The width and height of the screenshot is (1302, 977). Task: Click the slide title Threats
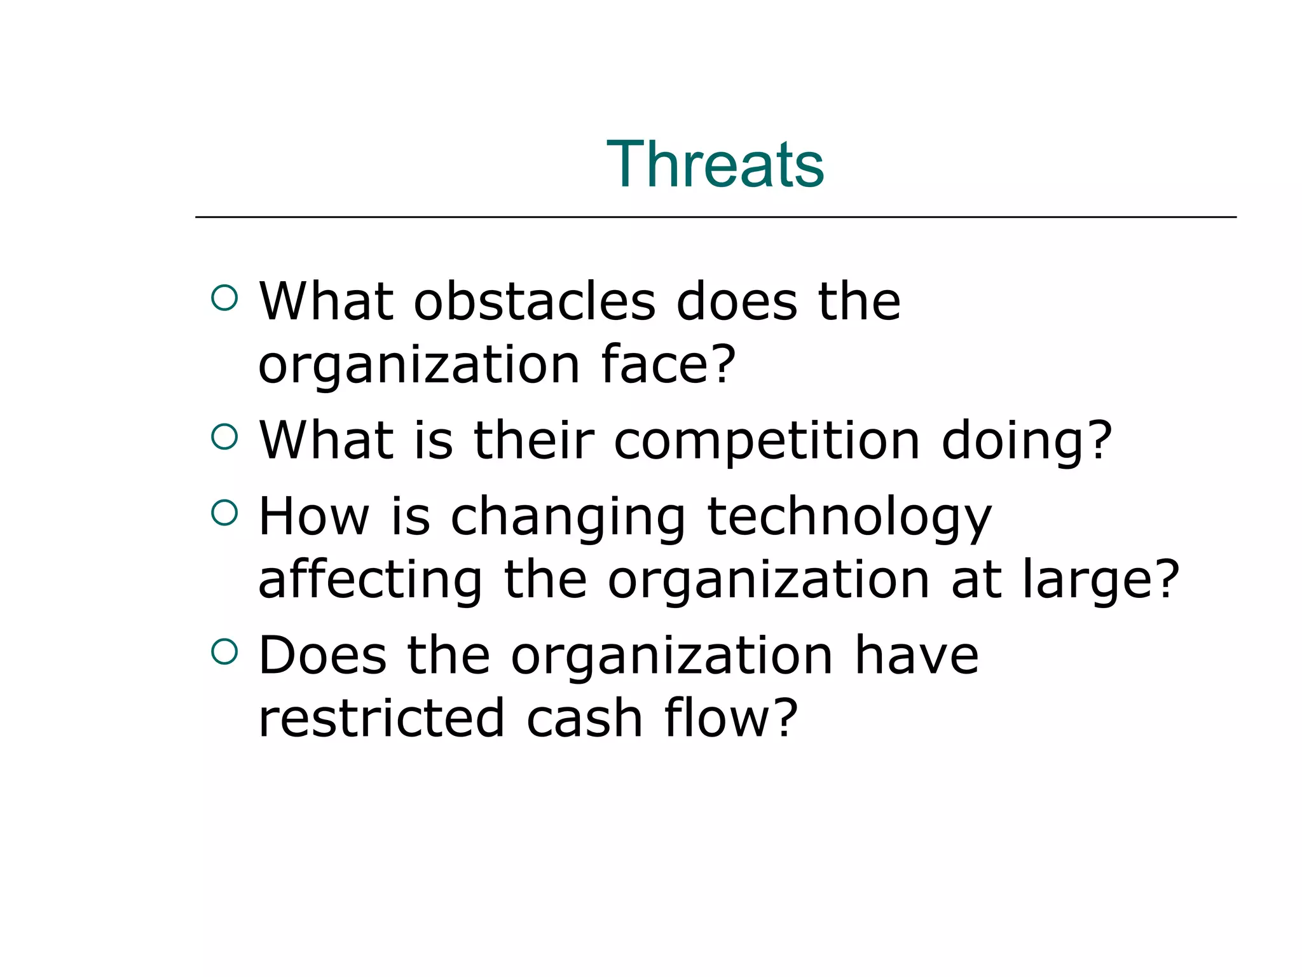[715, 165]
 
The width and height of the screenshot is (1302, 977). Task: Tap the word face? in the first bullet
[668, 364]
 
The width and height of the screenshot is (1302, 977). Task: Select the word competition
[767, 441]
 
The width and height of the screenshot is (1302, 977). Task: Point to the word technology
[849, 517]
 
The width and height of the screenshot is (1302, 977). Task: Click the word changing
[568, 517]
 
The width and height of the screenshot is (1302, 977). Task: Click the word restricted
[381, 718]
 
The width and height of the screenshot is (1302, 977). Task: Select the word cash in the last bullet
[584, 718]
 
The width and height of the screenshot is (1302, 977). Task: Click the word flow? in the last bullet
[730, 718]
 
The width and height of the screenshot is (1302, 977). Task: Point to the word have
[915, 656]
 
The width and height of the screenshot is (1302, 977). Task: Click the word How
[314, 517]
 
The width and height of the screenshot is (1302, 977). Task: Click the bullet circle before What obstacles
[224, 298]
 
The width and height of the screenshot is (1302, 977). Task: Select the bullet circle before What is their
[224, 437]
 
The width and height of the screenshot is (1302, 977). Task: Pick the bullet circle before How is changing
[224, 513]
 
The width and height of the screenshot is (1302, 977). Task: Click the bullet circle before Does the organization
[224, 652]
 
